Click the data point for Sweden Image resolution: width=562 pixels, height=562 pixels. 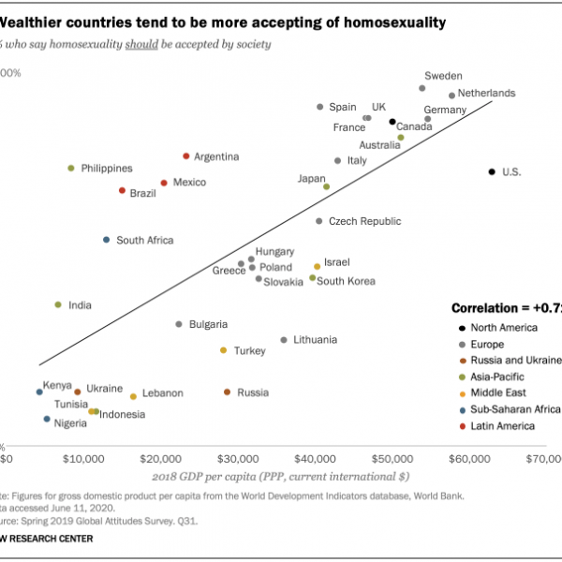tap(422, 88)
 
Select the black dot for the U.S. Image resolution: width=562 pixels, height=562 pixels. tap(491, 171)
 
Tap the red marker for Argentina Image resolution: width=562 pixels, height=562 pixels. tap(186, 155)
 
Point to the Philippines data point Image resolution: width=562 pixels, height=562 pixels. tap(70, 169)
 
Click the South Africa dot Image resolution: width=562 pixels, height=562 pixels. tap(107, 240)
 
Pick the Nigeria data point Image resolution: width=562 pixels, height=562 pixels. tap(47, 420)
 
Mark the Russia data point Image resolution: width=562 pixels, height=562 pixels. tap(227, 392)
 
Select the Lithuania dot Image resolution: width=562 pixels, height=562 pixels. tap(284, 340)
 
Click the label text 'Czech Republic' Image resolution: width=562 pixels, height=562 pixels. tap(364, 222)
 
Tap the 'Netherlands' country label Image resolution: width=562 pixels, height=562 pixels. tap(488, 94)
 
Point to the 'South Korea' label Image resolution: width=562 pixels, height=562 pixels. tap(347, 281)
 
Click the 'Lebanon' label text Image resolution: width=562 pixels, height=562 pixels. tap(162, 393)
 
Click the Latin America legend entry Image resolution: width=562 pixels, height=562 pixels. tap(503, 426)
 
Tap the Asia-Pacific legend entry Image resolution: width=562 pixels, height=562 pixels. tap(497, 377)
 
